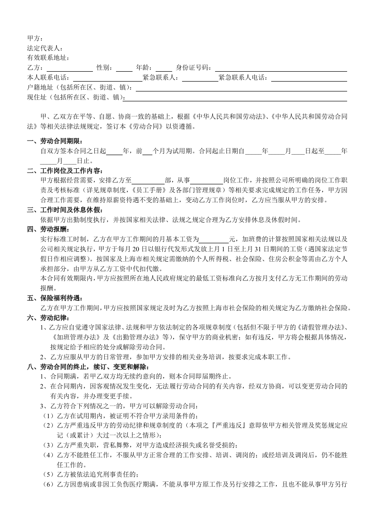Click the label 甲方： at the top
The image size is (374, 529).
[35, 38]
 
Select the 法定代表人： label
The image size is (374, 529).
[45, 48]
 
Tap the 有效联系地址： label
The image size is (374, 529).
[48, 58]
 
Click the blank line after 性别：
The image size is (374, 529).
[124, 69]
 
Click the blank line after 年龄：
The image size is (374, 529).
[164, 69]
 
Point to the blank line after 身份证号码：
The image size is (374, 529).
[281, 69]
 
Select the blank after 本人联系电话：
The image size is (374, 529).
[108, 79]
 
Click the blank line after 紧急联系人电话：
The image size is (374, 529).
[309, 79]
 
